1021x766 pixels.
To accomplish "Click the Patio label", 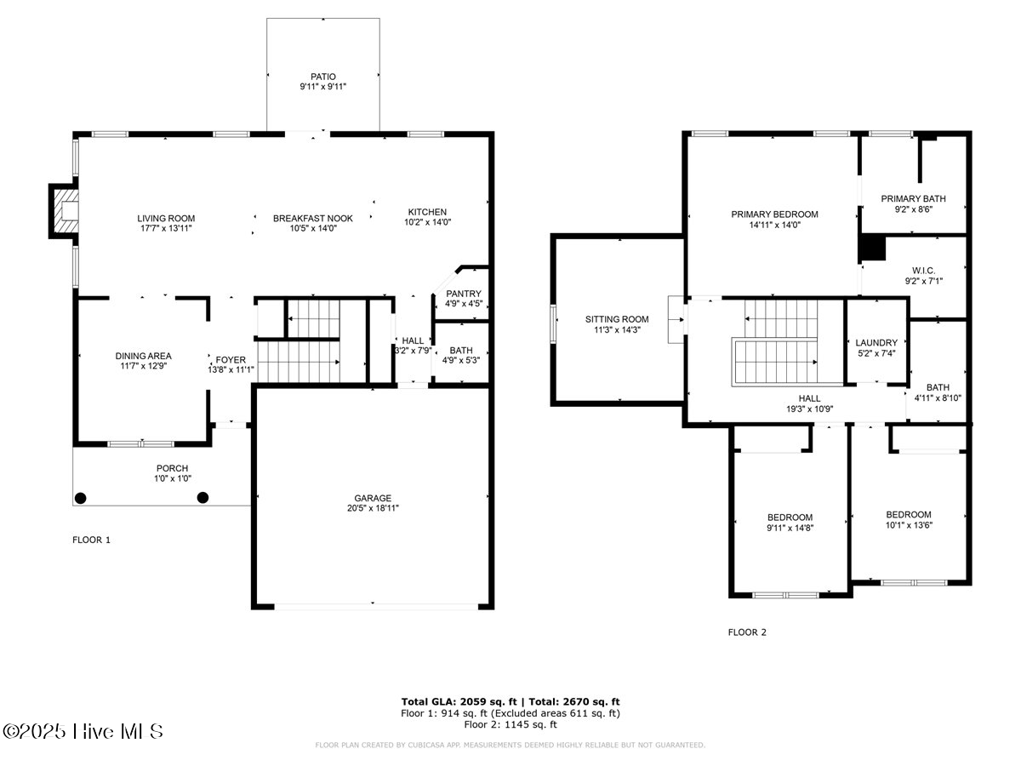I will [x=322, y=77].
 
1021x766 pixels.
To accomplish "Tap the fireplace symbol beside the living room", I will [x=65, y=211].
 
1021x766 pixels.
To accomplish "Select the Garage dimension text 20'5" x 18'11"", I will [x=373, y=508].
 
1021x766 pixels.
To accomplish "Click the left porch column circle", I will [x=81, y=498].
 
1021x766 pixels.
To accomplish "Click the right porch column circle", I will [x=202, y=498].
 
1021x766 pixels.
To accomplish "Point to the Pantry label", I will [x=463, y=294].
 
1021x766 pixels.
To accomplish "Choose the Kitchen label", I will [x=427, y=212].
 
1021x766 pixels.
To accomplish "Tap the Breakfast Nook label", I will [x=312, y=219].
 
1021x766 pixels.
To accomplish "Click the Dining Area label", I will [x=144, y=356].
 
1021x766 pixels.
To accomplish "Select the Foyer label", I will [x=231, y=359].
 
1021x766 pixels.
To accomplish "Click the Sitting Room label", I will [x=617, y=320].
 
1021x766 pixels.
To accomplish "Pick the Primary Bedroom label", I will [x=774, y=214].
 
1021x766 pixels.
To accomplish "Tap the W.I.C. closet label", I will [x=923, y=270].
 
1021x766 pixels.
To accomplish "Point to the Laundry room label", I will [x=876, y=343].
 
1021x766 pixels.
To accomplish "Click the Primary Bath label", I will [x=913, y=199].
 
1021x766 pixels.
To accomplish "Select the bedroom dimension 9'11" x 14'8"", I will [x=790, y=528].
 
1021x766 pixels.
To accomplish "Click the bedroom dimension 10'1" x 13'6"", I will [x=909, y=525].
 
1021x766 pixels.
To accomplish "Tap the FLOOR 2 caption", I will [x=747, y=632].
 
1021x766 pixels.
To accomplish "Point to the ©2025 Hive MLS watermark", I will [x=83, y=731].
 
